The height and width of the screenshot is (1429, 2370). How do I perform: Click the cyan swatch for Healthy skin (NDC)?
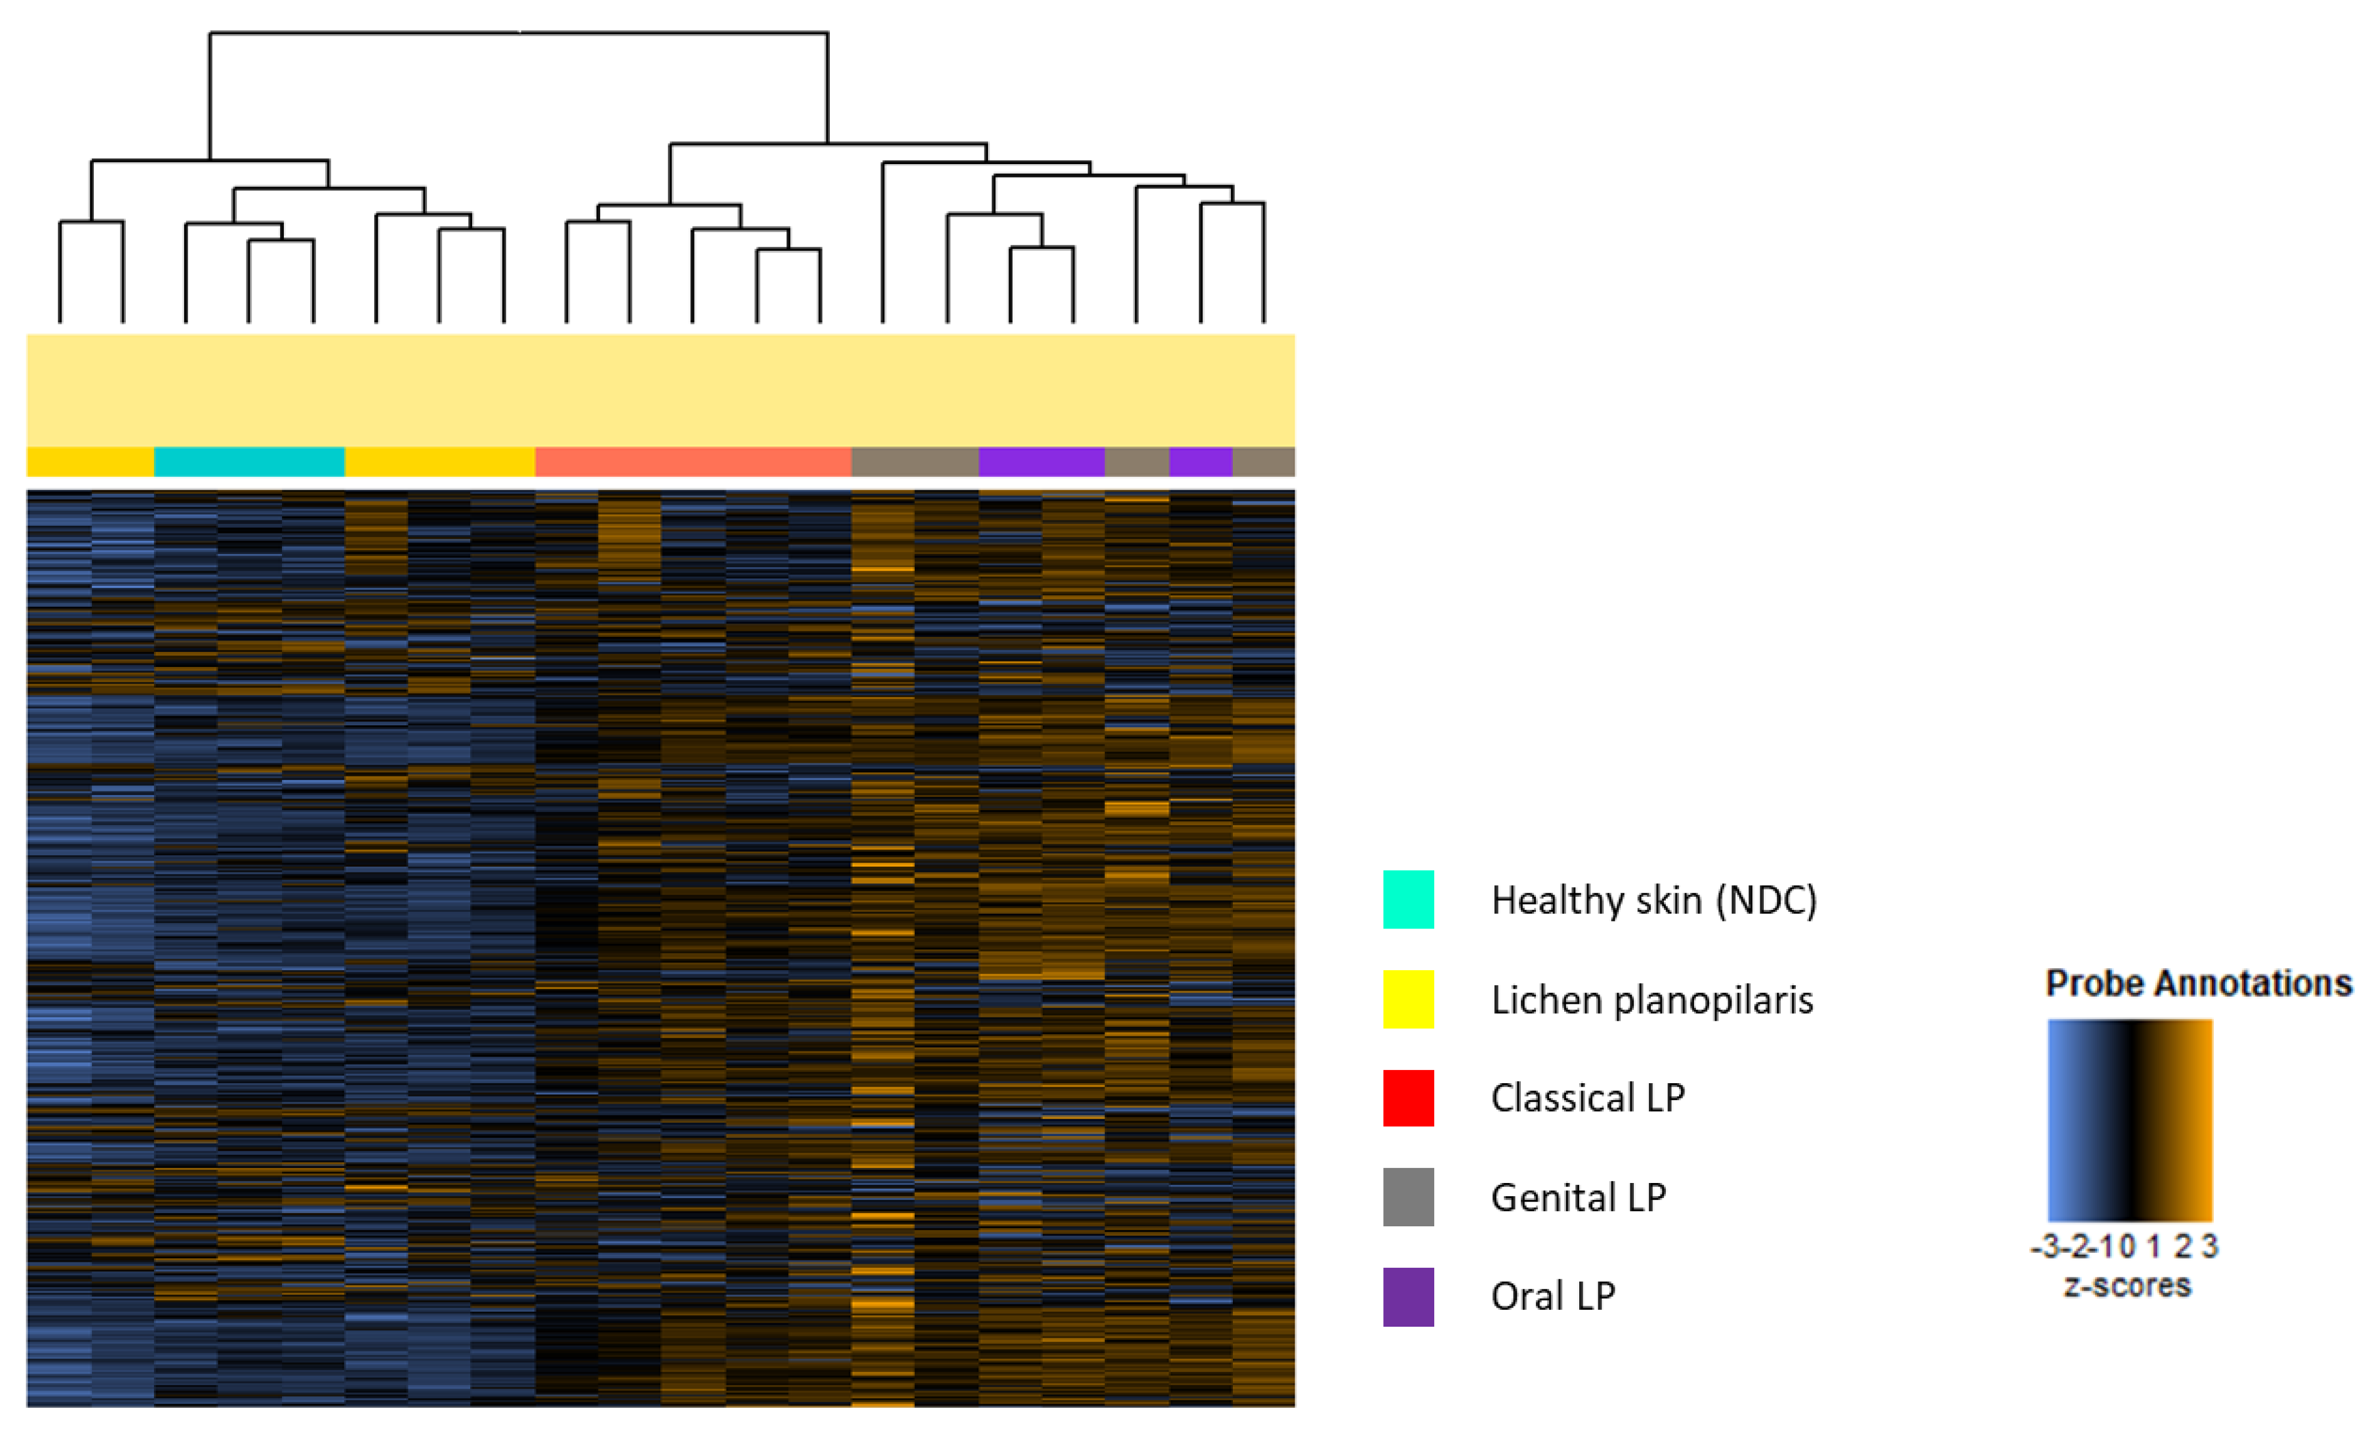1408,899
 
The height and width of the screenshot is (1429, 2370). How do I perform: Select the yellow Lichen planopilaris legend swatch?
1408,999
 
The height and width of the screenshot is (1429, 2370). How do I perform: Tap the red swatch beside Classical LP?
1408,1097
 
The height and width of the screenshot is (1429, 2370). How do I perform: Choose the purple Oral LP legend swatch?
1408,1296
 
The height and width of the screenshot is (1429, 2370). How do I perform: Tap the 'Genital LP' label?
1577,1197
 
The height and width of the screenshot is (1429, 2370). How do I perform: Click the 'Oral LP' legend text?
1552,1296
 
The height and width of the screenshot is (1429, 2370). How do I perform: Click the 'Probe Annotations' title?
2199,983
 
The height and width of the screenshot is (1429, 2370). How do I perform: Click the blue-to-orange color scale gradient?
2129,1120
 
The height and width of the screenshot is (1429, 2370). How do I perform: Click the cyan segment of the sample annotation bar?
249,461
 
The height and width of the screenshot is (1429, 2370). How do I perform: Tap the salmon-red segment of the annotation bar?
693,461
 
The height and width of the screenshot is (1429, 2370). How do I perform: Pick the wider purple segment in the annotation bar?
1041,461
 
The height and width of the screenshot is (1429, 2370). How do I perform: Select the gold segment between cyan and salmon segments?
440,461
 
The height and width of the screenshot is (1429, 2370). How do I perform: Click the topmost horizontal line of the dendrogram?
520,32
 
